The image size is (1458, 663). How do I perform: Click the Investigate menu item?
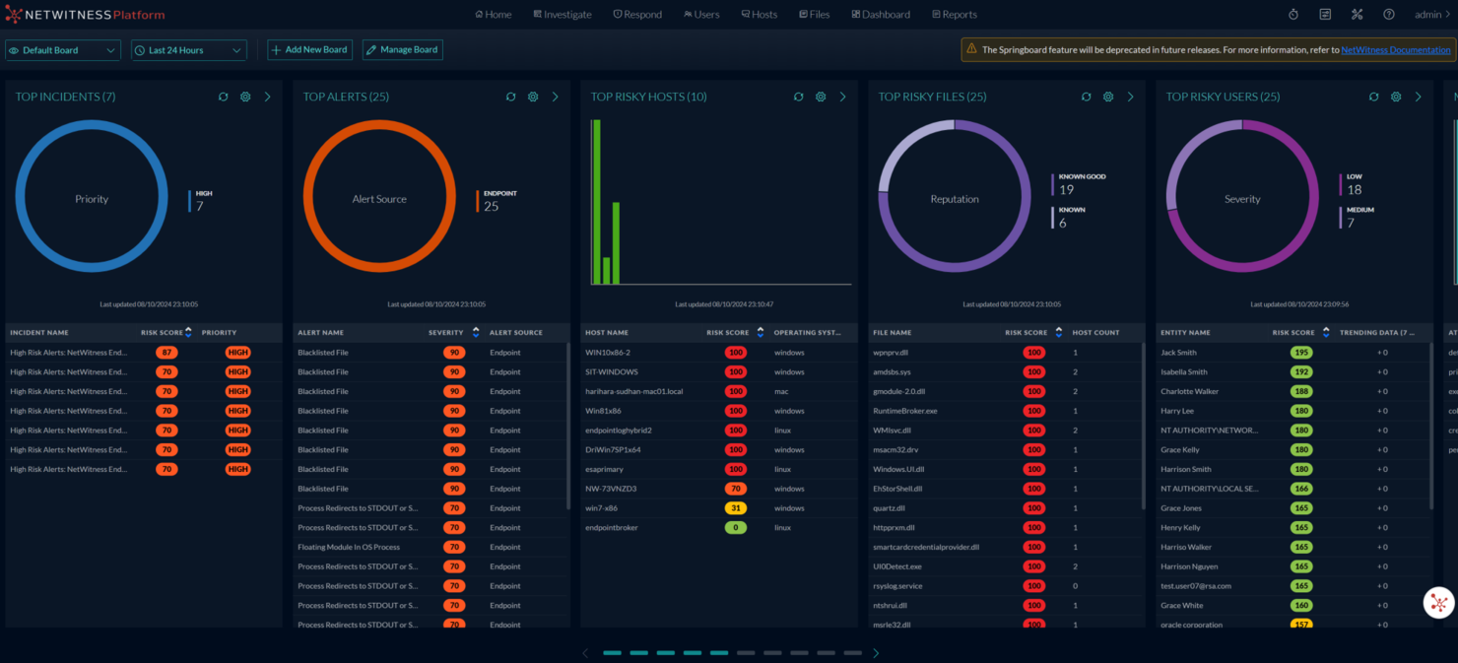(x=563, y=15)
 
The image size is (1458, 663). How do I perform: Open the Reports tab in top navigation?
(x=954, y=15)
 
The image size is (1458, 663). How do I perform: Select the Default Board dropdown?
(x=63, y=50)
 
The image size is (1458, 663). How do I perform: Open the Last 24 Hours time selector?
(x=188, y=50)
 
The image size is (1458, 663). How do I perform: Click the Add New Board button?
(x=309, y=50)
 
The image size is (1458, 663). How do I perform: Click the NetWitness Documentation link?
(x=1395, y=50)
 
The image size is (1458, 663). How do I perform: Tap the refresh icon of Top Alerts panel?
(x=510, y=97)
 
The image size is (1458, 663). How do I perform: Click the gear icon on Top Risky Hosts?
(x=821, y=97)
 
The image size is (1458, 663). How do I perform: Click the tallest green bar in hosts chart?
(x=595, y=202)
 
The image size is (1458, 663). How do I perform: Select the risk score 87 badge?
(x=166, y=353)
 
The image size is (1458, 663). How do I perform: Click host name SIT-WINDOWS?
(x=612, y=372)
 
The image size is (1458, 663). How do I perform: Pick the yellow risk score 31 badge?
(x=735, y=508)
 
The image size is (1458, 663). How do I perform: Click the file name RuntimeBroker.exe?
(x=905, y=411)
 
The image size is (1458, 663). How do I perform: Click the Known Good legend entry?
(x=1081, y=183)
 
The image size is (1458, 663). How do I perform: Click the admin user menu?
(x=1431, y=15)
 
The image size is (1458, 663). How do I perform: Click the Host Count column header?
(x=1095, y=333)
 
